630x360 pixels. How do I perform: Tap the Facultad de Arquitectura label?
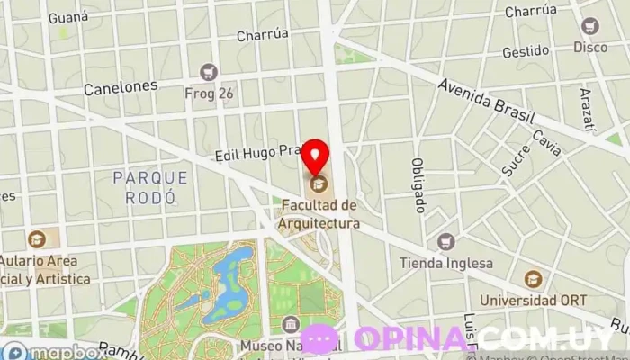coord(319,214)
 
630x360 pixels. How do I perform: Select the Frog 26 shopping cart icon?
coord(210,71)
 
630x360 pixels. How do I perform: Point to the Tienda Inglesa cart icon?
coord(445,241)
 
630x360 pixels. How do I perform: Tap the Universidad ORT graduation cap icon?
coord(534,279)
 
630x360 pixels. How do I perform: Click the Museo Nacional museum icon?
coord(290,324)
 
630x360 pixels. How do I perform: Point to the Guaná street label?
coord(68,16)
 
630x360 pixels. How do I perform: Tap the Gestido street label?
coord(526,51)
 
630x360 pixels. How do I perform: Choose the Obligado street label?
coord(418,185)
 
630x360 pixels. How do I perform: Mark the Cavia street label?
coord(546,142)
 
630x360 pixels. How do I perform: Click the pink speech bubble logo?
coord(319,339)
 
